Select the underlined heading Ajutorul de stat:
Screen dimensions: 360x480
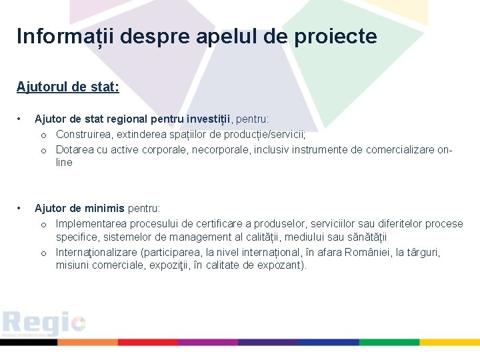[68, 87]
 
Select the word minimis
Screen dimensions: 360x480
[105, 209]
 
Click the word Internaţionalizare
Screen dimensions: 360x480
[97, 253]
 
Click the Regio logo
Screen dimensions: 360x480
[44, 323]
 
